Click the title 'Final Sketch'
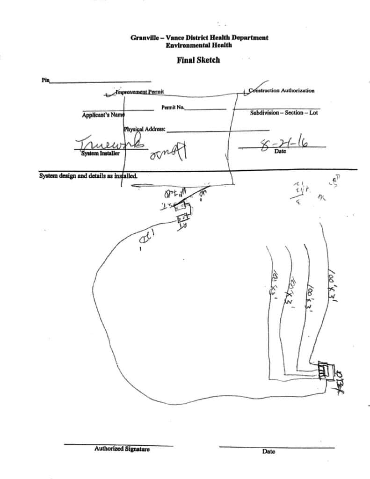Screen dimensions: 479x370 (x=198, y=60)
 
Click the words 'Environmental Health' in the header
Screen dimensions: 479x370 (x=199, y=45)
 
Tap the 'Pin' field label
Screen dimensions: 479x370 (x=45, y=80)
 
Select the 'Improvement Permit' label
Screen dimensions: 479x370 (x=139, y=92)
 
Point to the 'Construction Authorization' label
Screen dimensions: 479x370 (x=282, y=90)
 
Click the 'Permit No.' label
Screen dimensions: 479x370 (x=173, y=108)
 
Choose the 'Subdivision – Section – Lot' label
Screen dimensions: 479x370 (x=283, y=113)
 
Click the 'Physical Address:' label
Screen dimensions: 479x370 (x=145, y=129)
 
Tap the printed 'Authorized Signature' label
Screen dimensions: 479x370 (x=122, y=449)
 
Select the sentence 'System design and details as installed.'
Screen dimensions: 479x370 (x=88, y=176)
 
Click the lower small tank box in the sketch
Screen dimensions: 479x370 (x=182, y=218)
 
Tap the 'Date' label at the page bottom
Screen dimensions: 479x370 (x=268, y=451)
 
